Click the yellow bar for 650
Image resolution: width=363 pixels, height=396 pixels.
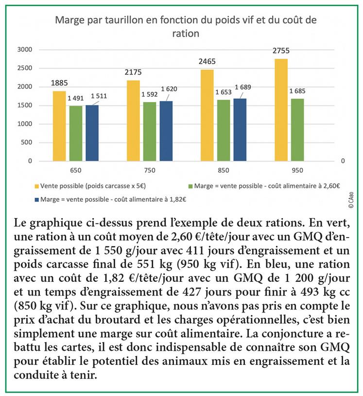click(x=59, y=126)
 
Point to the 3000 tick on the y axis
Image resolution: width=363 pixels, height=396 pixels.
click(x=25, y=50)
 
